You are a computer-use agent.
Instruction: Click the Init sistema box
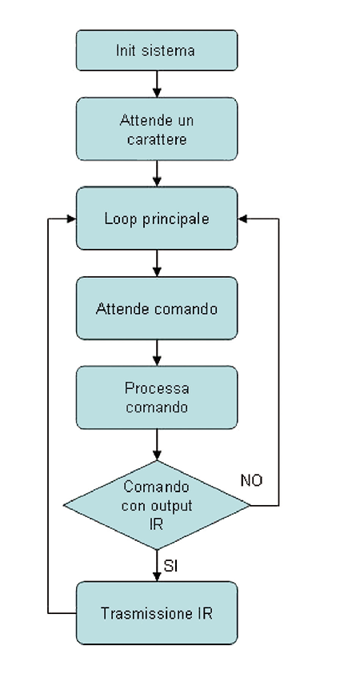(157, 50)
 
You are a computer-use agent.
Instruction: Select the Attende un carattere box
(157, 129)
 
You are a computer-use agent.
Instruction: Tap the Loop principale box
(157, 219)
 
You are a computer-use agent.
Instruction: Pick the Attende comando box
(157, 308)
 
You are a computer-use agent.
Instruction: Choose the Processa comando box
(157, 397)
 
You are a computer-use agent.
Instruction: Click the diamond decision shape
(157, 505)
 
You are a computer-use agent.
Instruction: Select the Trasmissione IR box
(157, 612)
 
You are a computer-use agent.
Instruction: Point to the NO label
(251, 480)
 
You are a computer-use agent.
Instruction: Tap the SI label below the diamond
(170, 566)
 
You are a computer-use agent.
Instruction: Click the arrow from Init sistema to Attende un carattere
(157, 84)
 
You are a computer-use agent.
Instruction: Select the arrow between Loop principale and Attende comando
(157, 263)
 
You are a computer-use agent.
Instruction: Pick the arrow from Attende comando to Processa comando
(157, 353)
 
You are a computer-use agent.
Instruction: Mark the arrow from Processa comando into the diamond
(157, 444)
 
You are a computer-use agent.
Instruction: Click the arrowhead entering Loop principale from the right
(242, 219)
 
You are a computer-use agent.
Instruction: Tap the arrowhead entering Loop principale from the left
(71, 219)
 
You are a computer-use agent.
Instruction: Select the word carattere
(157, 139)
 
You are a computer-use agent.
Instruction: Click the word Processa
(157, 388)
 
